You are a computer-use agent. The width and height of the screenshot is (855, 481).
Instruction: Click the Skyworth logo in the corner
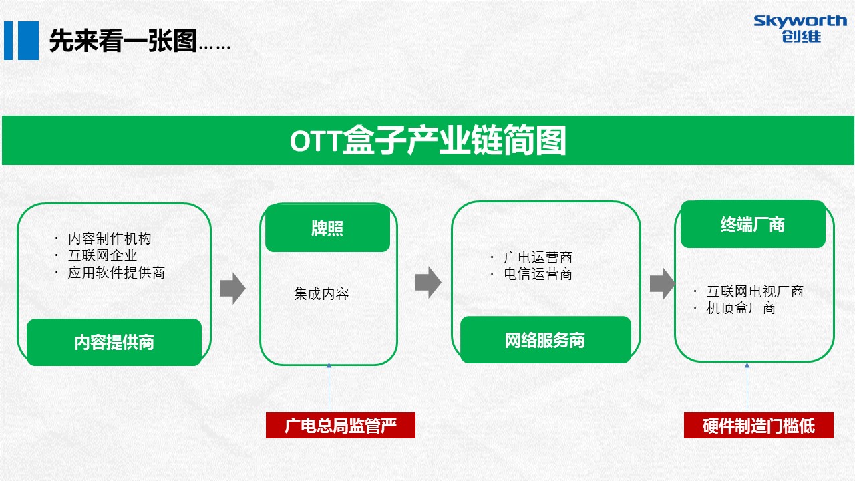coord(800,29)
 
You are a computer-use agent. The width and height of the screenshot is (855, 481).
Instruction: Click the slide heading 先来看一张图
coord(123,41)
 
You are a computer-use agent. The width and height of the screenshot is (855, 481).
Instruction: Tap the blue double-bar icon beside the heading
coord(21,41)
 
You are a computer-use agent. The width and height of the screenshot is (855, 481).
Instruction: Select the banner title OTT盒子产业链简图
coord(428,140)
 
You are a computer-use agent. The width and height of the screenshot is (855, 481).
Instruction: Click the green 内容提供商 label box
coord(114,342)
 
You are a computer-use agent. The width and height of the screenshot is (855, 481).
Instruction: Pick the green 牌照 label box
coord(327,228)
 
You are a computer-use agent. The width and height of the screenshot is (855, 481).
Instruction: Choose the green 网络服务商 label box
coord(546,340)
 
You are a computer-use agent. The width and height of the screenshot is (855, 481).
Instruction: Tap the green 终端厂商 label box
coord(753,224)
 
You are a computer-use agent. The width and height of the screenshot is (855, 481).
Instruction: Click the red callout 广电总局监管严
coord(341,426)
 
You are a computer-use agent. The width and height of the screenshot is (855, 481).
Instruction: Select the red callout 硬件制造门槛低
coord(758,426)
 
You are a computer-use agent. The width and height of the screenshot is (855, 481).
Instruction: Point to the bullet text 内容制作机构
coord(110,238)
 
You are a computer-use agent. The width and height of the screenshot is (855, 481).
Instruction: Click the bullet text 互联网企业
coord(103,255)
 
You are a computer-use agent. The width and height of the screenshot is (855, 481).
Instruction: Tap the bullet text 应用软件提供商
coord(116,273)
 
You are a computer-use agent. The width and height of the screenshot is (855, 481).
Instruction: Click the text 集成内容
coord(321,294)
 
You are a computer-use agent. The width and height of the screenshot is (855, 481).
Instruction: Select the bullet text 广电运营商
coord(538,257)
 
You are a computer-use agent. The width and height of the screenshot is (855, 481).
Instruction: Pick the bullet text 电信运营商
coord(538,274)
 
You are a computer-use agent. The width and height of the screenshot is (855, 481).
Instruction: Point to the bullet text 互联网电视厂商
coord(755,291)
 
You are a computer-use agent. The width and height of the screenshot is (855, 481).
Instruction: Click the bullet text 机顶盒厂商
coord(741,308)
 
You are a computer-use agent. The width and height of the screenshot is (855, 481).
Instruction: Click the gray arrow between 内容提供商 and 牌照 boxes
coord(232,288)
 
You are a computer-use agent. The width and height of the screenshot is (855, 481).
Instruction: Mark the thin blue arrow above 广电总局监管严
coord(329,387)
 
